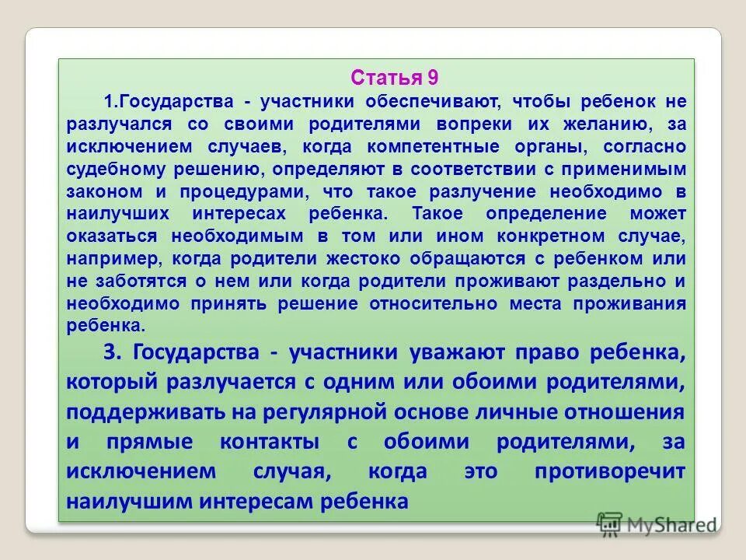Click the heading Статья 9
click(x=395, y=77)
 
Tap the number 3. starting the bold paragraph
click(x=114, y=353)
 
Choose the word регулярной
click(x=283, y=412)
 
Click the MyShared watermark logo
click(x=657, y=525)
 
